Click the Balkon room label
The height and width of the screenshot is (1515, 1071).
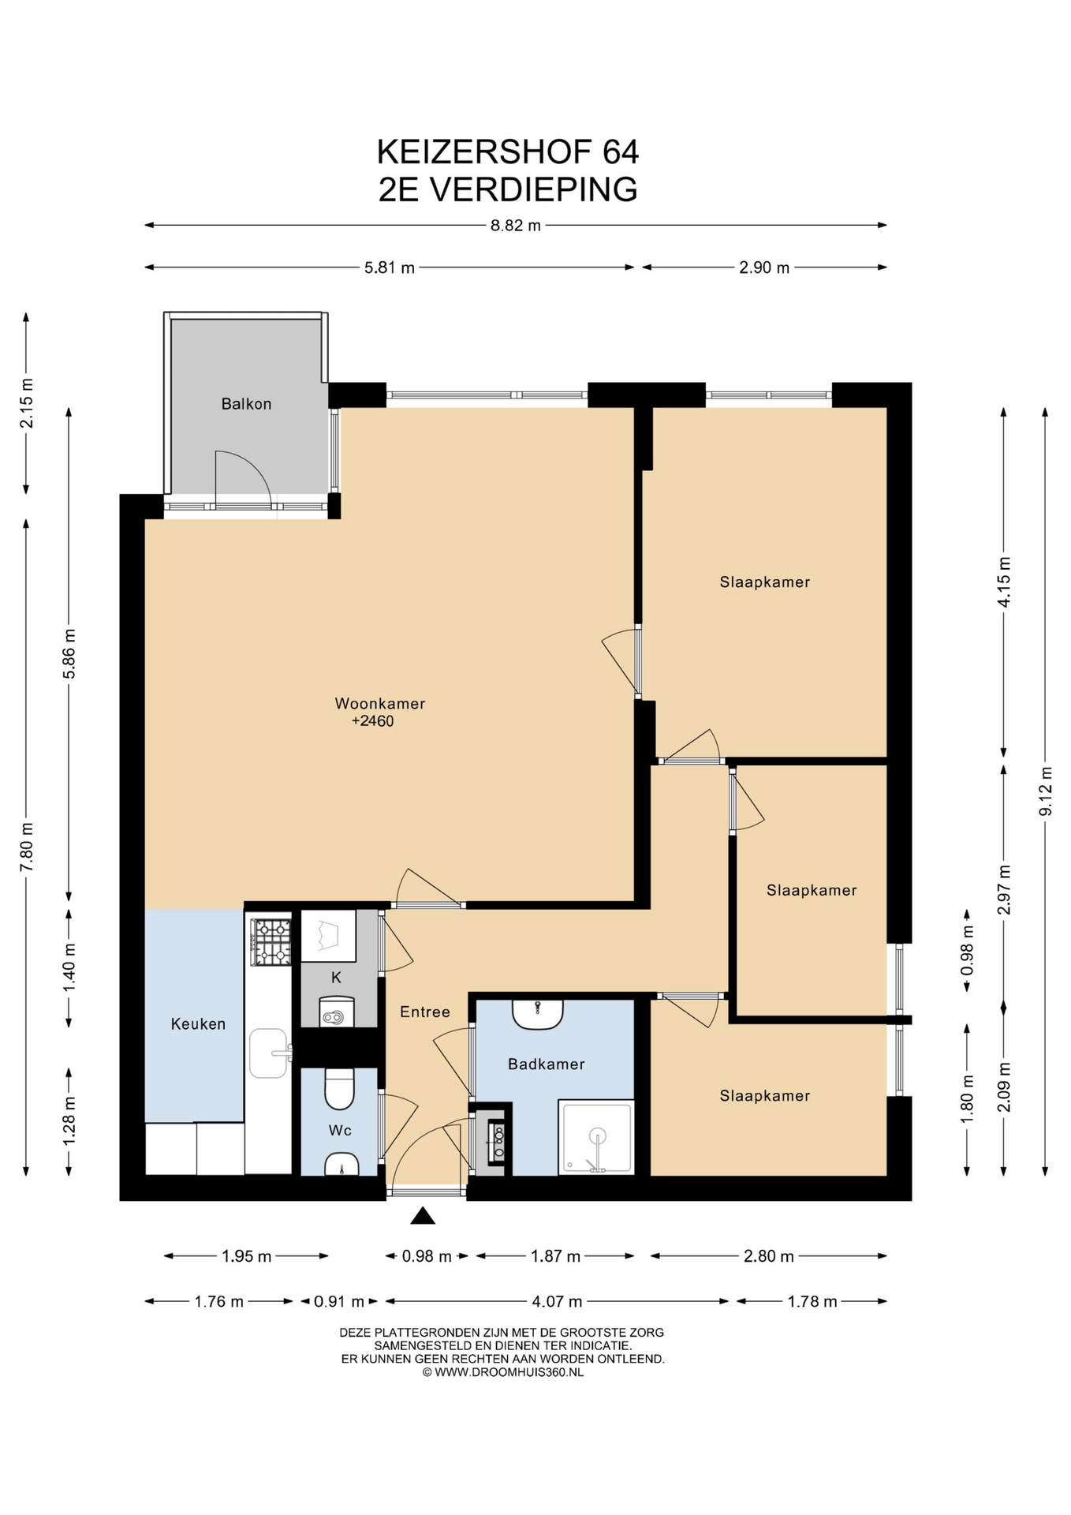tap(246, 404)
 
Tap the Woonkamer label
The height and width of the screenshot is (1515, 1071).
tap(380, 703)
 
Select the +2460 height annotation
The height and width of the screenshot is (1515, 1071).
tap(372, 721)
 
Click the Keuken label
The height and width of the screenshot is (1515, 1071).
tap(198, 1024)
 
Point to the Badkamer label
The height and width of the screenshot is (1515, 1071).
tap(547, 1064)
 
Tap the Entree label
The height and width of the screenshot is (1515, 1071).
tap(425, 1012)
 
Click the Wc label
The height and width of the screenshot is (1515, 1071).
tap(340, 1131)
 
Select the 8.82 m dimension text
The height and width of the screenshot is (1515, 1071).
tap(516, 226)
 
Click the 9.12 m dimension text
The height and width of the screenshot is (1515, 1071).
tap(1046, 791)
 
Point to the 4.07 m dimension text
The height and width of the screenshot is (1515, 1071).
tap(557, 1301)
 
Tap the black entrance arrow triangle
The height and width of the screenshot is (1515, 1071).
tap(423, 1216)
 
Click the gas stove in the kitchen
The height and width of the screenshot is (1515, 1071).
tap(271, 942)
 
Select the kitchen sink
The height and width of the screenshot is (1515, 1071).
tap(271, 1053)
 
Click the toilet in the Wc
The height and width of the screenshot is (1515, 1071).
tap(340, 1088)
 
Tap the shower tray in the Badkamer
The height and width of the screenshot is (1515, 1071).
tap(596, 1137)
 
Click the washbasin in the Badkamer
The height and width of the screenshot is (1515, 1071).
tap(538, 1014)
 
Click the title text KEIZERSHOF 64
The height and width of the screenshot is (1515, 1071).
tap(508, 151)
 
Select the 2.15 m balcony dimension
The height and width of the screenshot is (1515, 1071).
tap(26, 403)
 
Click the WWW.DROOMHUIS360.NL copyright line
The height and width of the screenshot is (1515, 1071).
tap(503, 1372)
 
